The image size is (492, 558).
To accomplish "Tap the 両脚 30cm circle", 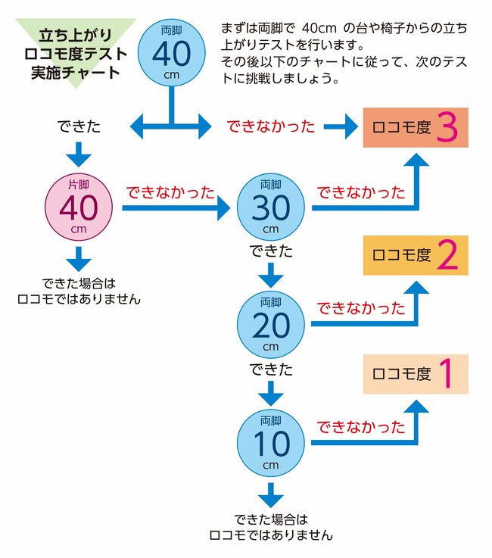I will [x=270, y=207].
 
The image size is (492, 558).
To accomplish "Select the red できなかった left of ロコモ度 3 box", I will [x=271, y=127].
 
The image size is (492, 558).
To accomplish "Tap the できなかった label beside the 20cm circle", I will [x=360, y=308].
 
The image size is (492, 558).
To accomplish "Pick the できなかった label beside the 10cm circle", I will [x=360, y=426].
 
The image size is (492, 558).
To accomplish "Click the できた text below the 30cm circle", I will [x=270, y=251].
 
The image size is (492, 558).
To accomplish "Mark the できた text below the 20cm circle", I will [x=270, y=370].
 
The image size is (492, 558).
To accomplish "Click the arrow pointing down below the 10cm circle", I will [x=270, y=496].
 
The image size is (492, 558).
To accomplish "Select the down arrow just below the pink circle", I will [x=79, y=259].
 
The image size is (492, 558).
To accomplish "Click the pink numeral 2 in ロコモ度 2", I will [x=448, y=257].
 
